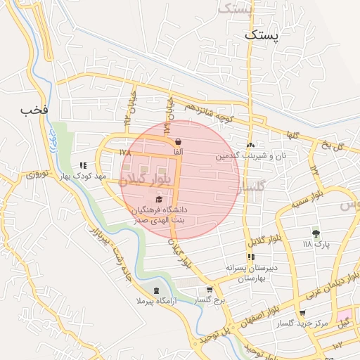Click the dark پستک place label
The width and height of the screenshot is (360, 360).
coord(261,34)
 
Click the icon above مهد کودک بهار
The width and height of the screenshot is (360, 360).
coord(84,166)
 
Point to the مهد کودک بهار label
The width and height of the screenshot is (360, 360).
coord(83,177)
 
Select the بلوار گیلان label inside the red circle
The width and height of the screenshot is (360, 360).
coord(148,179)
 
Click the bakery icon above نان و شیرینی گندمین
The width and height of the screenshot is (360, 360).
coord(250,146)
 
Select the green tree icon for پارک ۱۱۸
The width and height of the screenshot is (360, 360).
coord(315,233)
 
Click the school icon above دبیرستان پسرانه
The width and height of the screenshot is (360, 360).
coord(251,257)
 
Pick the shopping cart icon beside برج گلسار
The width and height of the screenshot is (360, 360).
coord(210,290)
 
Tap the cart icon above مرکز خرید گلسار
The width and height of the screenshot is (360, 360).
coord(302,312)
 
